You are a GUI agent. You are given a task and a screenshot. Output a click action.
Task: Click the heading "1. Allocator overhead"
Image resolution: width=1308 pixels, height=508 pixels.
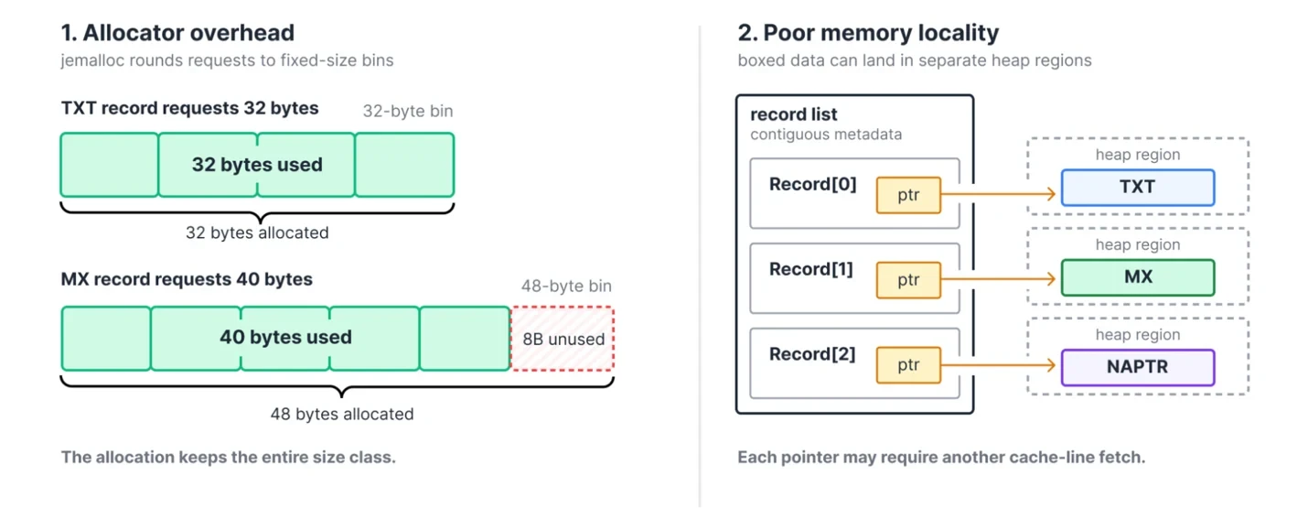177,33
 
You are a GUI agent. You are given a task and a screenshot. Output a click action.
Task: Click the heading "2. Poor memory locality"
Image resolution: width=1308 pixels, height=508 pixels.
868,33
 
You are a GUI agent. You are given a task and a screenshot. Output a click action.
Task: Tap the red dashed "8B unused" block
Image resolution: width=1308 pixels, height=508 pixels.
563,339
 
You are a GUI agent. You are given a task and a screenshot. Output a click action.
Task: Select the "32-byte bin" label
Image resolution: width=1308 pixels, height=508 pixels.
408,111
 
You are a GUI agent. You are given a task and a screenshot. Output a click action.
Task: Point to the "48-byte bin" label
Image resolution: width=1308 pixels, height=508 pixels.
566,286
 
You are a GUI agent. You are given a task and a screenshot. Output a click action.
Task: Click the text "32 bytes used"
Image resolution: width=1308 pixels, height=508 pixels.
257,164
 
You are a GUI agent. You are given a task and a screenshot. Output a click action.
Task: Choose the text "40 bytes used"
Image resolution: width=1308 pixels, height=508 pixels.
285,337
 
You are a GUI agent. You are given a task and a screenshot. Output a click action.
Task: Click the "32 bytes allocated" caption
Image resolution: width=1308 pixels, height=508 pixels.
257,232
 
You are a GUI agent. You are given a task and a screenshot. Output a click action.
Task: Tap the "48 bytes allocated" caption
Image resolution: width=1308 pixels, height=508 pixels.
341,414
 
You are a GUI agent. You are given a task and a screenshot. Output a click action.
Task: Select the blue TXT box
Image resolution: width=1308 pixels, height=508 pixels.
1138,187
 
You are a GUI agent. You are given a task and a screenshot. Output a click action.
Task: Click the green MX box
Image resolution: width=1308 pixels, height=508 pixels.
1138,277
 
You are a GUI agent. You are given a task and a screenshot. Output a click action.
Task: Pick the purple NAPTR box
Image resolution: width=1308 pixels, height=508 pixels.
1138,367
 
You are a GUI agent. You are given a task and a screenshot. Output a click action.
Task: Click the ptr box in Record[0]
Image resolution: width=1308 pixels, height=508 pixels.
908,195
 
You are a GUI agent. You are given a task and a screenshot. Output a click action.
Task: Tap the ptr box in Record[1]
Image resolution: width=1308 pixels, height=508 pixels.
908,280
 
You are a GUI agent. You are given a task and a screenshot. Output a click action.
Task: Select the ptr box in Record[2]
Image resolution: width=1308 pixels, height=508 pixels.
908,365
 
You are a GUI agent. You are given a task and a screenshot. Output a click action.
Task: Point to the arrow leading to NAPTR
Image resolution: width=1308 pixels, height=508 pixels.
999,365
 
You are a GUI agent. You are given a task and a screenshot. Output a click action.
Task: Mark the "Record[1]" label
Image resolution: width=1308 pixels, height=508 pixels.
811,269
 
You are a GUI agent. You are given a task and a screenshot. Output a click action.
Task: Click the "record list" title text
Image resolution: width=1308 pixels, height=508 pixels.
794,114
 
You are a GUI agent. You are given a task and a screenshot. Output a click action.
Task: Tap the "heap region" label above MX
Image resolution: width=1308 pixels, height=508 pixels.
1138,244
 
